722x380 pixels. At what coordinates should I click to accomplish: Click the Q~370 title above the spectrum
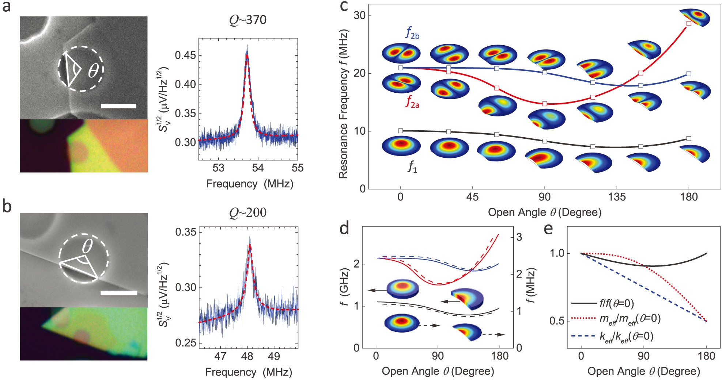248,20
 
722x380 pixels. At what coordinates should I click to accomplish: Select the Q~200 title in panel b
248,212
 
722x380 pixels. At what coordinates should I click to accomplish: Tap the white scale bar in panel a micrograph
118,106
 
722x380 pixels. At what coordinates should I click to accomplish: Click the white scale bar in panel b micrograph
119,293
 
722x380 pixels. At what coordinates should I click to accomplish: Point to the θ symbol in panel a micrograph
93,71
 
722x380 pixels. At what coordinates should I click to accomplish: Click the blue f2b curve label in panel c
412,33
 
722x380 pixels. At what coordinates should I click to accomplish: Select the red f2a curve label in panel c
412,101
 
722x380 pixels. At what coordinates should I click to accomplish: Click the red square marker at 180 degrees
689,23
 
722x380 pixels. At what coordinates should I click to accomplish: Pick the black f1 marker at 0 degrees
400,131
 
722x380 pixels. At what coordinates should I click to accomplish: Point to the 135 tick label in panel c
617,197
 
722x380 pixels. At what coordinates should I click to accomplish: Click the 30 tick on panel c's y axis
360,16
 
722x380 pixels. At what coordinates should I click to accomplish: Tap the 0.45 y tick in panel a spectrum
185,55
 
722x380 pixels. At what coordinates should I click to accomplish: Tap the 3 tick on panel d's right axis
519,237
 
